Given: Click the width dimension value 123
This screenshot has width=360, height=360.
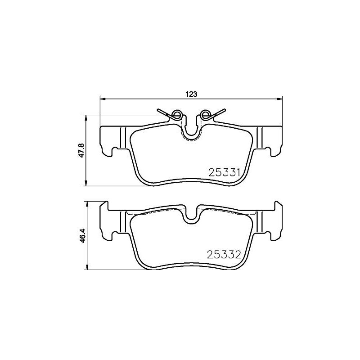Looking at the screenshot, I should [x=191, y=94].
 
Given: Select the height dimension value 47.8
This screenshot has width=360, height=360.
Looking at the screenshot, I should [x=81, y=150].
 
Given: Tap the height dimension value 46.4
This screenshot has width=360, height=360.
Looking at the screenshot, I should [x=81, y=236].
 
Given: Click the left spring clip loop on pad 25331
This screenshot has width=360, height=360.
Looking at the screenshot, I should [x=177, y=114].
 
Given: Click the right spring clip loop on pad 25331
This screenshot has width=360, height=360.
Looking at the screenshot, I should [x=206, y=114].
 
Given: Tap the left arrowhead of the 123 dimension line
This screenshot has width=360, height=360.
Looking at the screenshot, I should [x=102, y=99].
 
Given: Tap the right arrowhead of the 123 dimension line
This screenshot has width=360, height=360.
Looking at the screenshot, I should [x=279, y=99].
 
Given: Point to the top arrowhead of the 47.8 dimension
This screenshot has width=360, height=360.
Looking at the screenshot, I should [x=86, y=117].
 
